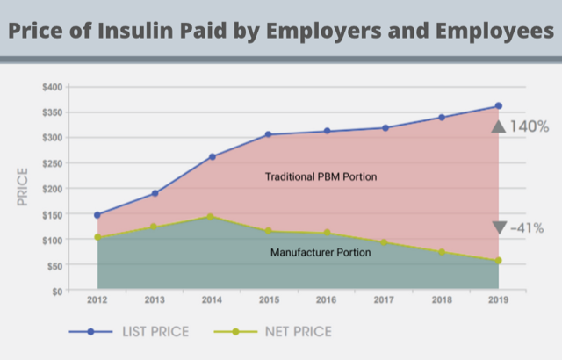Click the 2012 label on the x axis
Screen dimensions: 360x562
[97, 301]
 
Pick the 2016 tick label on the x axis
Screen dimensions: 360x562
[327, 301]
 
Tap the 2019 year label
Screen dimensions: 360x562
[498, 301]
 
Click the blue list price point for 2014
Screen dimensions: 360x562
[213, 156]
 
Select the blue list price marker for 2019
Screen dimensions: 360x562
[498, 106]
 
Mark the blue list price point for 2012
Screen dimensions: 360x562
[97, 214]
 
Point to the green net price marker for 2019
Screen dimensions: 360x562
[498, 260]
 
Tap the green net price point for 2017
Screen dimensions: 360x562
[384, 242]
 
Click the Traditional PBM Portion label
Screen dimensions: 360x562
[321, 177]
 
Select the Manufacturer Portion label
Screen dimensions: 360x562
[321, 252]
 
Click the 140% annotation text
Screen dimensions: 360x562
[530, 126]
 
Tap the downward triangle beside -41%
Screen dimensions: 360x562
[499, 227]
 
